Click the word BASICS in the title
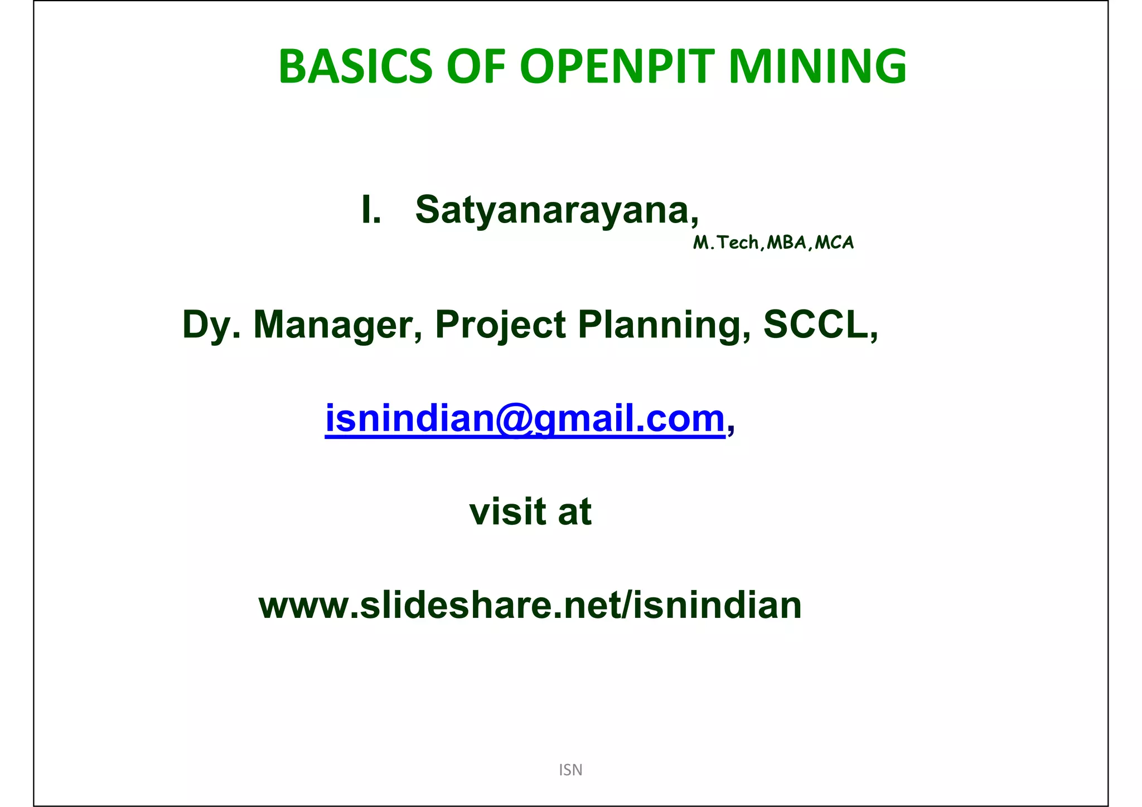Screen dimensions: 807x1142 pyautogui.click(x=355, y=66)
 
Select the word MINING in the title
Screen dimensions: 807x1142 pyautogui.click(x=817, y=66)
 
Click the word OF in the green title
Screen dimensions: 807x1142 pyautogui.click(x=476, y=66)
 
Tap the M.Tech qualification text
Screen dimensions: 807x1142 pyautogui.click(x=725, y=243)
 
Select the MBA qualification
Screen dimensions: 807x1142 pyautogui.click(x=786, y=243)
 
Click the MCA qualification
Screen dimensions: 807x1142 pyautogui.click(x=834, y=243)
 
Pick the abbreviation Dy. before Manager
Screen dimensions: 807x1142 pyautogui.click(x=211, y=325)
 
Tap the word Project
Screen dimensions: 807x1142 pyautogui.click(x=500, y=325)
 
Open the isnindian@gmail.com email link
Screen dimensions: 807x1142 pyautogui.click(x=524, y=418)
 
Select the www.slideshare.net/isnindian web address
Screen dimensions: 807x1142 pyautogui.click(x=530, y=605)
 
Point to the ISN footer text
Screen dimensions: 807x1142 pyautogui.click(x=570, y=770)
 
